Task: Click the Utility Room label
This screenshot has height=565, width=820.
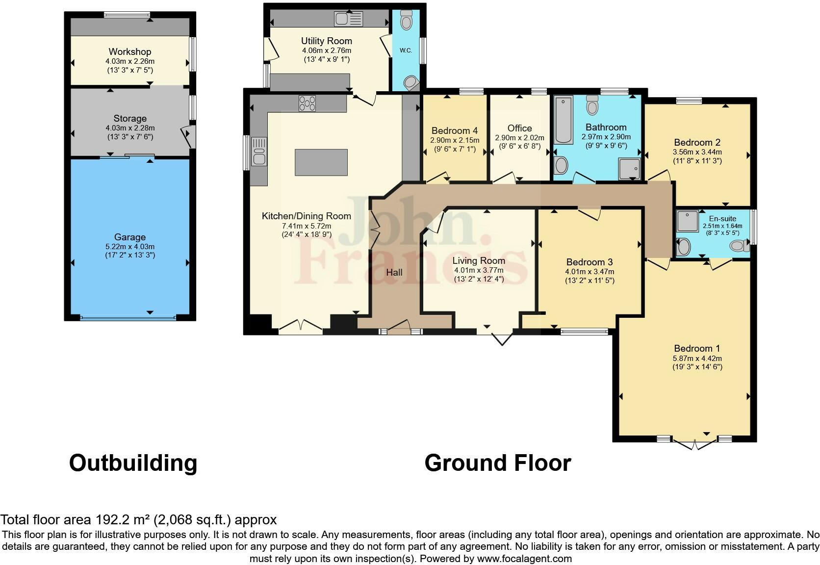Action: coord(326,41)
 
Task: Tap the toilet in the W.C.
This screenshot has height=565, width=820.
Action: coord(406,21)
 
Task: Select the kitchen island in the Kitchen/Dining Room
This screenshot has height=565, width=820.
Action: coord(321,162)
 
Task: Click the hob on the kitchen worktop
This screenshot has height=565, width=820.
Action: coord(307,103)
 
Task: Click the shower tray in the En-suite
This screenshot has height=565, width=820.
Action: coord(688,221)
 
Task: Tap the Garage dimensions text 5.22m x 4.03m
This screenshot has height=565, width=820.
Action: coord(130,247)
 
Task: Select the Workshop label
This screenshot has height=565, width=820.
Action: coord(130,51)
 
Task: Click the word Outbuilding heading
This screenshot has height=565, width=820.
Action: coord(133,463)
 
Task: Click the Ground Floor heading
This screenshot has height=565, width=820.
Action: coord(497,463)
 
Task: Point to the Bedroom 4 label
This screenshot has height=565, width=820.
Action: coord(455,130)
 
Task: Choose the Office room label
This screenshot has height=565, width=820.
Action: coord(519,128)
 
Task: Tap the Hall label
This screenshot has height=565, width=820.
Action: coord(394,272)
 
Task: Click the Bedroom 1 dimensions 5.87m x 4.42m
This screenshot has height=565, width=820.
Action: coord(697,358)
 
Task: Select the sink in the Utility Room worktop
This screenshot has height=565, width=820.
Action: coord(349,19)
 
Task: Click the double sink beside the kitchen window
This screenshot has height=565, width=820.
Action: coord(258,152)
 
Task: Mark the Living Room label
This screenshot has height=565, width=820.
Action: coord(479,261)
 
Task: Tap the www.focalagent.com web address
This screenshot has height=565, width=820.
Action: coord(524,559)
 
